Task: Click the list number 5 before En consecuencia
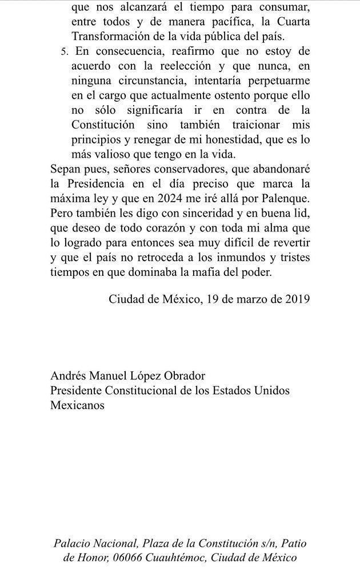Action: [63, 53]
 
